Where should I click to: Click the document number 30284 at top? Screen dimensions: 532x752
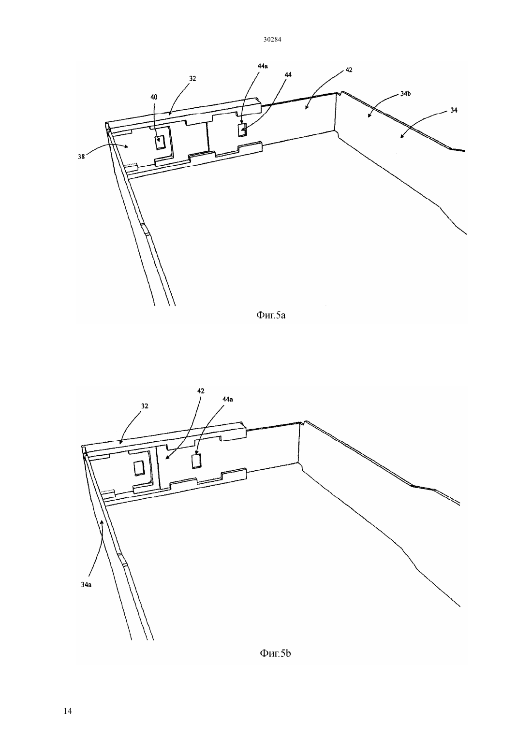pyautogui.click(x=272, y=39)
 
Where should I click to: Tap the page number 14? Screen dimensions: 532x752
pyautogui.click(x=68, y=711)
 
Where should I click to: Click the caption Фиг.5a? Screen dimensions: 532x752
pyautogui.click(x=271, y=315)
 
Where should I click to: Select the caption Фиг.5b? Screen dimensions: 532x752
pyautogui.click(x=275, y=653)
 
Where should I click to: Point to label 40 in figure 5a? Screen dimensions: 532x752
pyautogui.click(x=154, y=97)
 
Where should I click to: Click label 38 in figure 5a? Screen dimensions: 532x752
pyautogui.click(x=81, y=157)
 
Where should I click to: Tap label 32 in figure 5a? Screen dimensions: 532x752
pyautogui.click(x=192, y=78)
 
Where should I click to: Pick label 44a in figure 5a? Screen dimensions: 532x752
pyautogui.click(x=263, y=66)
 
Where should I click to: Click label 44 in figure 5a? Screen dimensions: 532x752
pyautogui.click(x=288, y=74)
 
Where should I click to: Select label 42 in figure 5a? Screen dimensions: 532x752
pyautogui.click(x=349, y=70)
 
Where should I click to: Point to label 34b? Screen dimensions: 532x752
pyautogui.click(x=405, y=94)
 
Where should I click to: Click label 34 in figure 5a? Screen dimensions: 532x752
pyautogui.click(x=454, y=110)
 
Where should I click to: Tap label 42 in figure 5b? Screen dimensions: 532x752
pyautogui.click(x=201, y=391)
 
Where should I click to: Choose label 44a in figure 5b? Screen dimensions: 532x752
pyautogui.click(x=227, y=399)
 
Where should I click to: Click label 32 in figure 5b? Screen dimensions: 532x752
pyautogui.click(x=145, y=406)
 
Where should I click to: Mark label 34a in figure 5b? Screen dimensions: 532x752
pyautogui.click(x=86, y=584)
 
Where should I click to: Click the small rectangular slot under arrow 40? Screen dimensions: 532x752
pyautogui.click(x=160, y=142)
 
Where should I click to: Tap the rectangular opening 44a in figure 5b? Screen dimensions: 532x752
pyautogui.click(x=196, y=461)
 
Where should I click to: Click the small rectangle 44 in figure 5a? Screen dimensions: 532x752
pyautogui.click(x=242, y=130)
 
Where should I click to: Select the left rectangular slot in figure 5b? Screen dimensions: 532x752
pyautogui.click(x=138, y=468)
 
